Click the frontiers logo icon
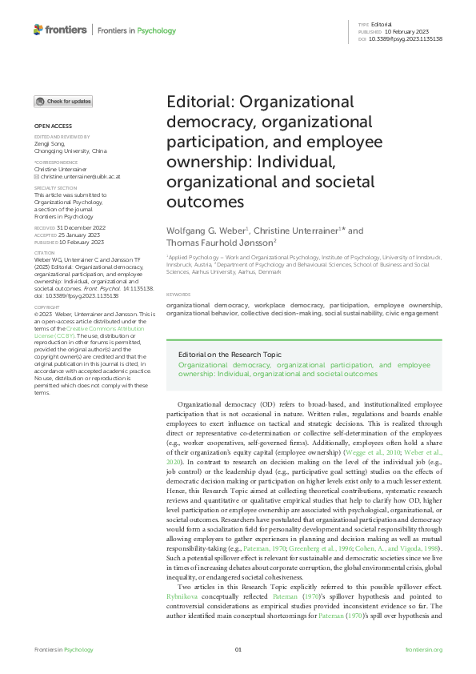point(38,30)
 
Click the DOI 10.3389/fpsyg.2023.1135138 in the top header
point(406,38)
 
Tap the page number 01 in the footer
point(238,649)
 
